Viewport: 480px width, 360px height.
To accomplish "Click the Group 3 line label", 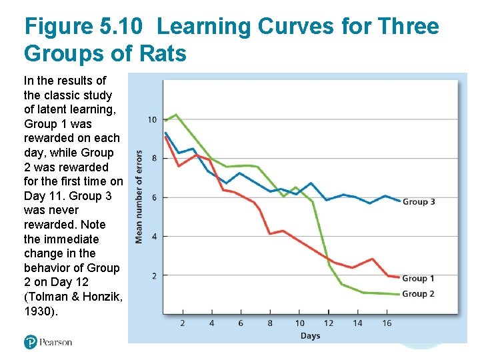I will tap(419, 201).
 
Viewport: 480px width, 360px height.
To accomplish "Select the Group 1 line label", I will tap(419, 278).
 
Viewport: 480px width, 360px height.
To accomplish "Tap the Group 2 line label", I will tap(419, 293).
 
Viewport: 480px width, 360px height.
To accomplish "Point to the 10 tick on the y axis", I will tap(152, 120).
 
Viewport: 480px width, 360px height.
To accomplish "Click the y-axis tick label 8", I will tap(154, 159).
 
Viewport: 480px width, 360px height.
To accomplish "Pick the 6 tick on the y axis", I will tap(154, 197).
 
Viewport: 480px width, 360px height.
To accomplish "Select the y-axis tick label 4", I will tap(154, 236).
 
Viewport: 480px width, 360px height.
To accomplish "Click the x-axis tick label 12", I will tap(328, 323).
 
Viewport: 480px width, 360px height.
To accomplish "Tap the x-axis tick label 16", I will tap(387, 323).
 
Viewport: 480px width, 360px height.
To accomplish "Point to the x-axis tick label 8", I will tap(270, 323).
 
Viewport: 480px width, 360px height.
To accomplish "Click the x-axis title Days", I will tap(310, 335).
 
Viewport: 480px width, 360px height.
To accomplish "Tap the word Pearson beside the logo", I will tap(56, 342).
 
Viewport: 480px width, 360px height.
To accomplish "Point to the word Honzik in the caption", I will tap(97, 297).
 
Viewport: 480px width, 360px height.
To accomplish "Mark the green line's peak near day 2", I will tap(175, 115).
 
